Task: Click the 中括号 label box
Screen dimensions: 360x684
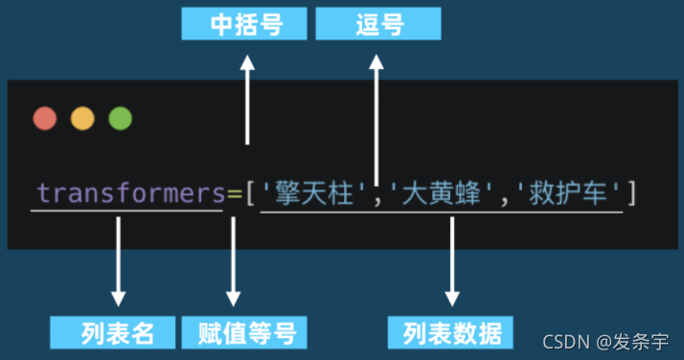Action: (245, 24)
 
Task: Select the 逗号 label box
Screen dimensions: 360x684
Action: (377, 24)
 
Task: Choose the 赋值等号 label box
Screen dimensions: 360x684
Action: (245, 332)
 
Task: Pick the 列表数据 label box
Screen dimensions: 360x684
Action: (451, 332)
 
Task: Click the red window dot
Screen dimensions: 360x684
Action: (45, 119)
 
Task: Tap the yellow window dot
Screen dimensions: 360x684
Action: (82, 119)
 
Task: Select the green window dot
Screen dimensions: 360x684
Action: (120, 119)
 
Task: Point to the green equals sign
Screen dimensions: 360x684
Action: (234, 193)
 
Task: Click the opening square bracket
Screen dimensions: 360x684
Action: (250, 194)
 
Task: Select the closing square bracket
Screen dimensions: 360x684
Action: (631, 194)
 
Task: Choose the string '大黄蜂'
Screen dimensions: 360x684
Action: (441, 194)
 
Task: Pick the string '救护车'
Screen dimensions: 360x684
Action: (566, 194)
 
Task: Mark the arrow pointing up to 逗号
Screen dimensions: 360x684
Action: (377, 115)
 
